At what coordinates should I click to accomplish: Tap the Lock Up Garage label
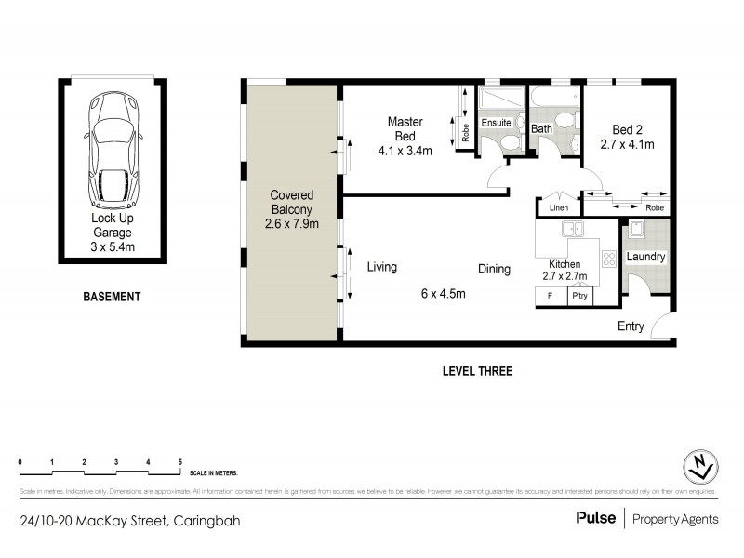(112, 226)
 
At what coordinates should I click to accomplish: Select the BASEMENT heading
(112, 298)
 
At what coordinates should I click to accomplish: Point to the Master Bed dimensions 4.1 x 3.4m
(405, 151)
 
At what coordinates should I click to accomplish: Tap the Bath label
(541, 127)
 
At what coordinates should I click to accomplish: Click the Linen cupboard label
(558, 207)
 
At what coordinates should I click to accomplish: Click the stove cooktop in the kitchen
(609, 259)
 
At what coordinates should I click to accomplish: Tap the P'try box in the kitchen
(580, 297)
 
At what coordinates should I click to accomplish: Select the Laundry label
(645, 257)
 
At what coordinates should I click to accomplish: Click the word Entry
(631, 326)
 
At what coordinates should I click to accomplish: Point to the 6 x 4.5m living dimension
(443, 294)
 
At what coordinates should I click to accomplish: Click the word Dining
(494, 270)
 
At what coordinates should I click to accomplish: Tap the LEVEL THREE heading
(477, 371)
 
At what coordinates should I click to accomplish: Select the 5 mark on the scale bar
(179, 462)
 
